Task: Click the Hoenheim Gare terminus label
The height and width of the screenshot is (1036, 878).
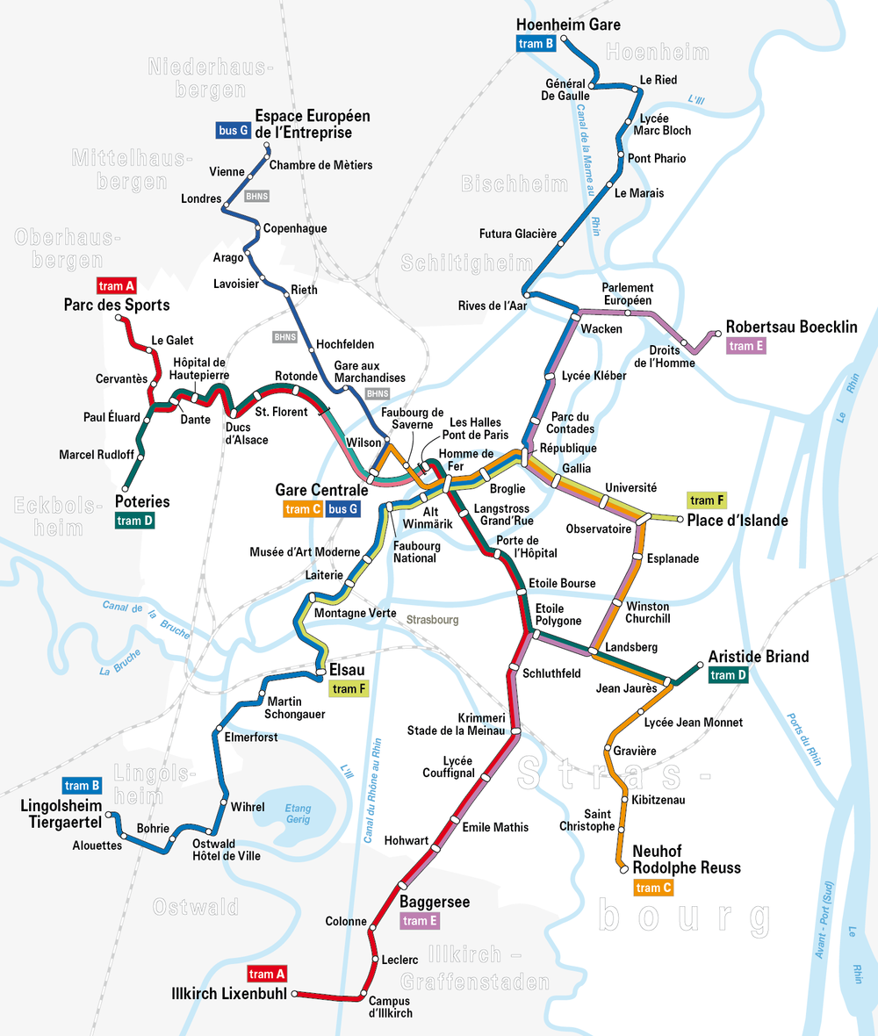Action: (x=568, y=25)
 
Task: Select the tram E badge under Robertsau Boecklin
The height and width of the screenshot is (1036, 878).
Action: (x=746, y=346)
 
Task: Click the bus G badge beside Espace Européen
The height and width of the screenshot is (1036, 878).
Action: (x=233, y=131)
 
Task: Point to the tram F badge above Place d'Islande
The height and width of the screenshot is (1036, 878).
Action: (x=707, y=500)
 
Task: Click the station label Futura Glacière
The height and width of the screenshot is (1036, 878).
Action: (x=518, y=234)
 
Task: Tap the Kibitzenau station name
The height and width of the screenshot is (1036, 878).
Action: (x=658, y=800)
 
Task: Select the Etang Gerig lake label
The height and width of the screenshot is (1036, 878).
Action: (x=298, y=814)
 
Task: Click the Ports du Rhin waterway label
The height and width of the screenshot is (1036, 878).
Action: (x=803, y=738)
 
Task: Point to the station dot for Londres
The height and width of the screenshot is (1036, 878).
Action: (x=227, y=206)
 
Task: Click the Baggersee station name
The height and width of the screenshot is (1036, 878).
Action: (x=435, y=902)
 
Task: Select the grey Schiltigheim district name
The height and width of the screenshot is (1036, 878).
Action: (x=466, y=263)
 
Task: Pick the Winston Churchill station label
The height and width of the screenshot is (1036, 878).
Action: (x=648, y=612)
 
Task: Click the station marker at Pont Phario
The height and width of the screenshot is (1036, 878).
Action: (x=622, y=159)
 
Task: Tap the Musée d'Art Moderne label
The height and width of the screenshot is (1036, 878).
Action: (x=305, y=551)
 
